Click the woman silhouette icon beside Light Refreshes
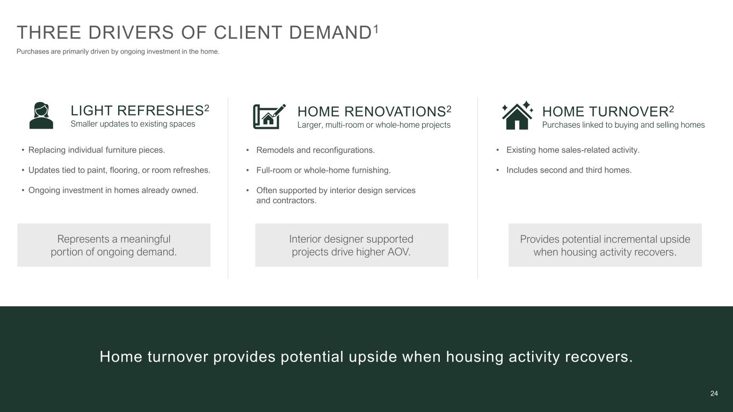(x=41, y=115)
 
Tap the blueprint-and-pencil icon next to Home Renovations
(x=269, y=116)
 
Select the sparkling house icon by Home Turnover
(x=517, y=115)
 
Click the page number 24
(x=714, y=393)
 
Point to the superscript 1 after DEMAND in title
(x=376, y=29)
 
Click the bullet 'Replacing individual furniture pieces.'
(x=97, y=150)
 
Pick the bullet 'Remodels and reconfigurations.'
(x=315, y=150)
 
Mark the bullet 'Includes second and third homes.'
(x=569, y=170)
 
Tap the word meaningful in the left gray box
(x=146, y=239)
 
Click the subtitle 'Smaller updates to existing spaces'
(x=133, y=124)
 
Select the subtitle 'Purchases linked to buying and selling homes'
(x=623, y=125)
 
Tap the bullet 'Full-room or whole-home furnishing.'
(x=323, y=171)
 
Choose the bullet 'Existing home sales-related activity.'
(x=573, y=150)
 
